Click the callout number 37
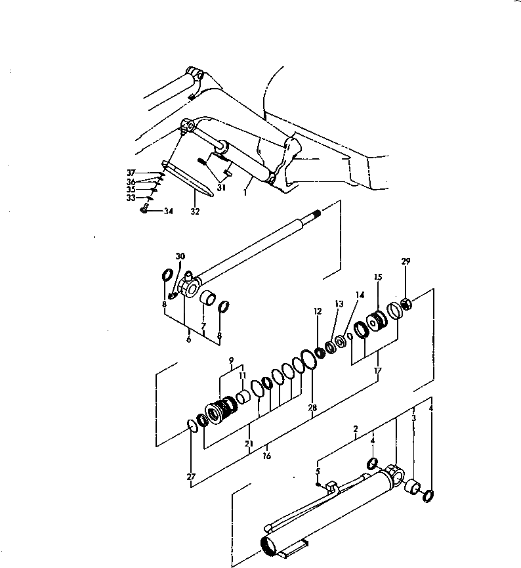(131, 173)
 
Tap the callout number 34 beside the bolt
(169, 211)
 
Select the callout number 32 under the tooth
(194, 211)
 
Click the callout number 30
(180, 255)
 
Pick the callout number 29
(405, 261)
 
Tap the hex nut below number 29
(406, 304)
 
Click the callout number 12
(318, 311)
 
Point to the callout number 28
(312, 407)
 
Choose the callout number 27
(192, 476)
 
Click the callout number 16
(267, 454)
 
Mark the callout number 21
(249, 444)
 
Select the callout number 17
(377, 370)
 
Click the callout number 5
(318, 470)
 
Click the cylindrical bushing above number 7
(209, 299)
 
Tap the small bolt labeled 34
(144, 209)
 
